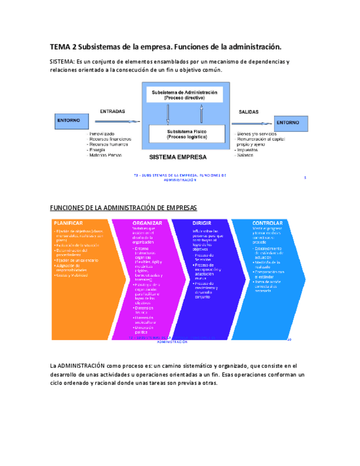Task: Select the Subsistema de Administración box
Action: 184,95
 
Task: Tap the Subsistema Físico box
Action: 187,134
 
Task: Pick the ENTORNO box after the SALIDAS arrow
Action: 287,123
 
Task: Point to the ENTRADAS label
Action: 112,111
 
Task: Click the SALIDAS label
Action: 248,112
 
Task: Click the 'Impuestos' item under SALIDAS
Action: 247,149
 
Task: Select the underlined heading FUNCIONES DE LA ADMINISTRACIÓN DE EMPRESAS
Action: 123,207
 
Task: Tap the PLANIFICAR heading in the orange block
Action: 68,223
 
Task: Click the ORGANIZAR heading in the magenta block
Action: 147,223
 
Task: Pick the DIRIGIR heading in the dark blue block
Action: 202,223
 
